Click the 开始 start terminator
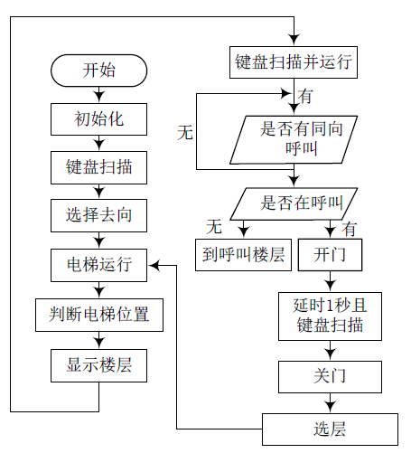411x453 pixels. point(98,71)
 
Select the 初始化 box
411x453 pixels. point(98,119)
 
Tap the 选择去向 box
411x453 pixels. point(98,215)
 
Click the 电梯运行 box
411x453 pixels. point(98,265)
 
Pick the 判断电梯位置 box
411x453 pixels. point(99,315)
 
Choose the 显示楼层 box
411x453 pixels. point(98,365)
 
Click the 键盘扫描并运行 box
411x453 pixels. point(294,62)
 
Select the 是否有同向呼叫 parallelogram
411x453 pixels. point(294,140)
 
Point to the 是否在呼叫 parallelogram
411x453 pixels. point(294,203)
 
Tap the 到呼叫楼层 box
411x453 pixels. point(243,255)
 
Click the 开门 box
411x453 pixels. point(330,255)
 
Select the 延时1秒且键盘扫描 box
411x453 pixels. point(330,316)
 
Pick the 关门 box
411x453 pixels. point(330,377)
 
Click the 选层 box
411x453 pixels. point(330,429)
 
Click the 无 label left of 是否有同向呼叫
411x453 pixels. point(185,132)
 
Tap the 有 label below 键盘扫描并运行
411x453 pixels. point(305,97)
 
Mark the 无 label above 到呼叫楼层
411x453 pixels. point(214,226)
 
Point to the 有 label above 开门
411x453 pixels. point(350,229)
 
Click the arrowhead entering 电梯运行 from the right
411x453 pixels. point(154,265)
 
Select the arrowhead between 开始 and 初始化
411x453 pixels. point(98,97)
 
